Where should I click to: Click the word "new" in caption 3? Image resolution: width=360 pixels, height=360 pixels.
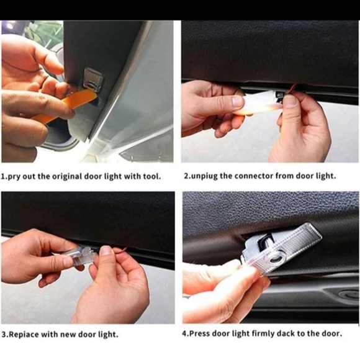(x=70, y=335)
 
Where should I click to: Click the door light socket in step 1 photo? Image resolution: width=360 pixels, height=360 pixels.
(x=93, y=78)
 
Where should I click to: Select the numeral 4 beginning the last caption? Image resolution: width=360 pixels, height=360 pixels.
(x=184, y=333)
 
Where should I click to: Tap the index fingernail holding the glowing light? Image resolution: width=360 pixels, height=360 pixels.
(x=237, y=101)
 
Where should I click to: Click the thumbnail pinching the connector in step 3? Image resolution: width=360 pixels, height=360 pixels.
(x=106, y=251)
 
